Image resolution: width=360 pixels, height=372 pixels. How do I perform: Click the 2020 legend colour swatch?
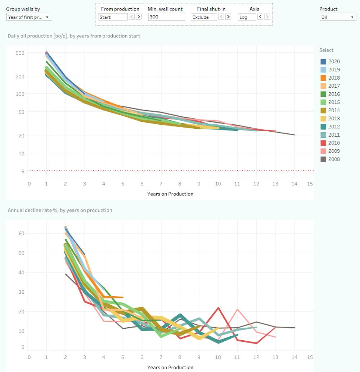[x=323, y=62]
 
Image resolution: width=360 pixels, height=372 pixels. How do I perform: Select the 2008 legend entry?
[x=334, y=159]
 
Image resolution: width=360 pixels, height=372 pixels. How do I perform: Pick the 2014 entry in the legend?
[x=334, y=110]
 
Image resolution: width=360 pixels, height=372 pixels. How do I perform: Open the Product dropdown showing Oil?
[x=338, y=17]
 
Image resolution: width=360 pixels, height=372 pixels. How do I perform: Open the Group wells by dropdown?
[x=29, y=17]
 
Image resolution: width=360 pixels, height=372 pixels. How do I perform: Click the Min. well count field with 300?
[x=166, y=17]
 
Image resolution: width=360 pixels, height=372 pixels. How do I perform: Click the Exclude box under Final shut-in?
[x=204, y=17]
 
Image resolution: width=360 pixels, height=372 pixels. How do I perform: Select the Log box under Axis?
[x=247, y=17]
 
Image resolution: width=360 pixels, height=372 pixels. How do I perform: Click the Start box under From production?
[x=113, y=17]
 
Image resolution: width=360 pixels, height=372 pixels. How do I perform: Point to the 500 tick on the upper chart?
[x=20, y=53]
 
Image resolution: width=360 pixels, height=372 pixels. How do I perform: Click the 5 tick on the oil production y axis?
[x=22, y=171]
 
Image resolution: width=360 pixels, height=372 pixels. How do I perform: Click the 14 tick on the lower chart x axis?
[x=295, y=357]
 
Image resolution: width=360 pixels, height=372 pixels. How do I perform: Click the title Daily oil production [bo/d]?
[x=74, y=36]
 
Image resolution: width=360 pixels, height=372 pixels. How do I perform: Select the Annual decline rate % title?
[x=60, y=210]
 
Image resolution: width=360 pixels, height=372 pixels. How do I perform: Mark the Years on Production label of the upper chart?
[x=170, y=194]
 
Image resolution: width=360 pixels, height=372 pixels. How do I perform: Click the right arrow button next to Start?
[x=139, y=17]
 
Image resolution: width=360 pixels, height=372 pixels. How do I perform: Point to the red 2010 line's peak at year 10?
[x=219, y=307]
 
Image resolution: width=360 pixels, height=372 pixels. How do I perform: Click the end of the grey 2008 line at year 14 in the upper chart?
[x=295, y=135]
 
